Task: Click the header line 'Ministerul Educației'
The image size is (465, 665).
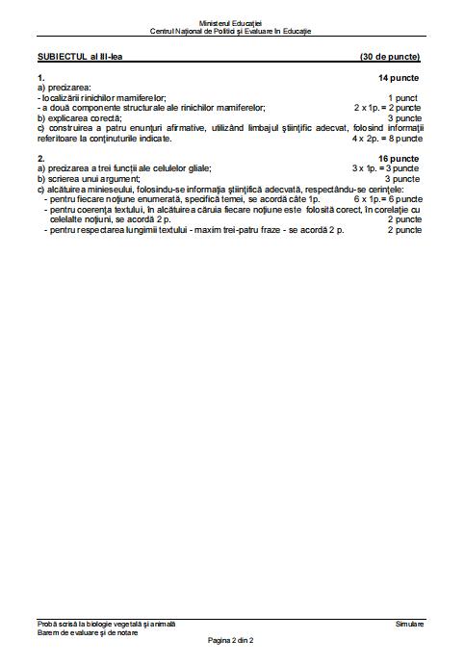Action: click(231, 21)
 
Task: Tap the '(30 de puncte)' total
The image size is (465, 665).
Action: click(390, 57)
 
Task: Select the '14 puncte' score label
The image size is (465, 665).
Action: click(400, 76)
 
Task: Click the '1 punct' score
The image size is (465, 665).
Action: click(404, 98)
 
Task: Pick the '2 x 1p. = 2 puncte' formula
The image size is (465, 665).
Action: click(387, 108)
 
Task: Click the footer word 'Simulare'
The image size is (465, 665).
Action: click(408, 625)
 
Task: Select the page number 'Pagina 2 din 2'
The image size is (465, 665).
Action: click(231, 640)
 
